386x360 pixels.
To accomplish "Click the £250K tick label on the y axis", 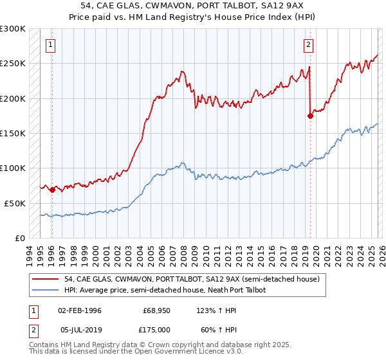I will point(13,64).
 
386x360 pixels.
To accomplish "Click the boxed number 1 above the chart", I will point(50,45).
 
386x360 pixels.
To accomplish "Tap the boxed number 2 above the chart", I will point(309,45).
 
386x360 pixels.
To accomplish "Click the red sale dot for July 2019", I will point(310,116).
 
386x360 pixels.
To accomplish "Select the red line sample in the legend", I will point(46,279).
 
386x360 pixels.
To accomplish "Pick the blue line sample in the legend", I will point(46,290).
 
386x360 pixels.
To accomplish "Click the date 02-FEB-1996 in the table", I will point(79,310).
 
